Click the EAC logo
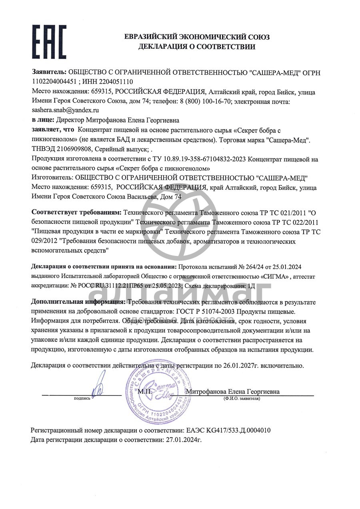pyautogui.click(x=49, y=42)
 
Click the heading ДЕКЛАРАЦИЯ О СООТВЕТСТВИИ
pyautogui.click(x=196, y=47)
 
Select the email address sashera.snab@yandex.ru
pyautogui.click(x=65, y=110)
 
